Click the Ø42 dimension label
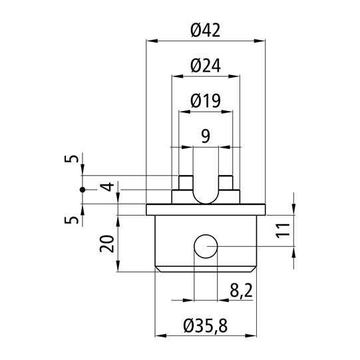205,30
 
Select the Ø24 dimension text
205,65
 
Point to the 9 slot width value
205,136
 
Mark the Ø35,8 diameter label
205,325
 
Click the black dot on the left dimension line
83,190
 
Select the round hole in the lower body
205,247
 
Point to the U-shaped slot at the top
205,190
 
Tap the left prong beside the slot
185,182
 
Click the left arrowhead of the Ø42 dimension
150,41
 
